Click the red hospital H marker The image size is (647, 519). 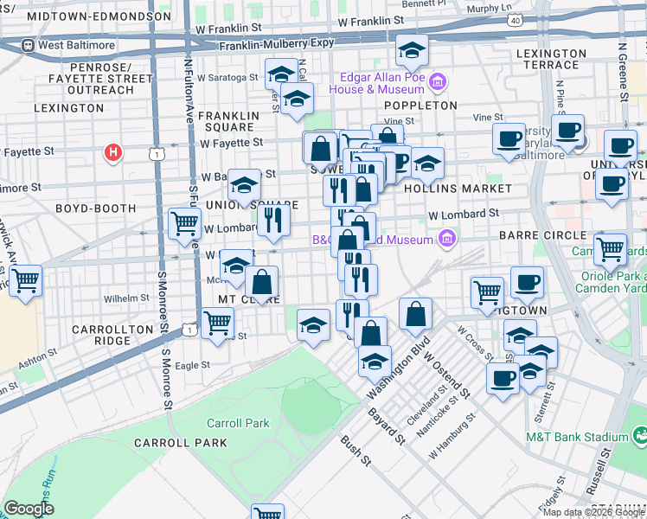coord(112,154)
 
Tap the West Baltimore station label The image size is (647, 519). coord(73,45)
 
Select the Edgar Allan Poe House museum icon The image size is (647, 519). coord(439,83)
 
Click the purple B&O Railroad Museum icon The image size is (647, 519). coord(447,237)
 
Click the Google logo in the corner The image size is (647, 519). coord(29,509)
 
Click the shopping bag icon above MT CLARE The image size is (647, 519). coord(261,281)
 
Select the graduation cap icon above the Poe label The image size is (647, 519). coord(412,52)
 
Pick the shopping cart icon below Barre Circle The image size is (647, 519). coord(611,249)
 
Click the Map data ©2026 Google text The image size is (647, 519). coord(593,511)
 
